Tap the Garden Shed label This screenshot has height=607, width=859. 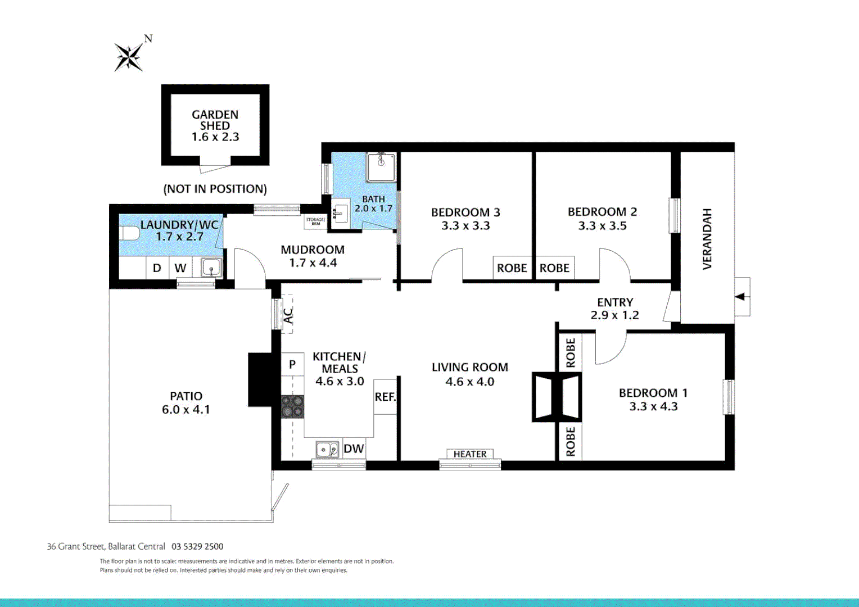tap(215, 120)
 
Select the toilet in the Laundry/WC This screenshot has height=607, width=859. tap(129, 233)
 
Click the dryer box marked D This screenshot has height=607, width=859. tap(157, 268)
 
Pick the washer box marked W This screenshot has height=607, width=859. tap(180, 268)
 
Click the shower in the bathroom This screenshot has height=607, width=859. tap(381, 167)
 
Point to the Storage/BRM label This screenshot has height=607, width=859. tap(315, 221)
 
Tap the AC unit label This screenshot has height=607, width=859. tap(288, 316)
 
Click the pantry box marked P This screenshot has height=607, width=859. tap(292, 364)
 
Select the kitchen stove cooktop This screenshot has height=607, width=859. tap(292, 406)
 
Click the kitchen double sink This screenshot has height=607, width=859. tap(327, 450)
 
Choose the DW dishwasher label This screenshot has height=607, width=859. tap(354, 449)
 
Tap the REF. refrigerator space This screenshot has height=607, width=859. tap(385, 397)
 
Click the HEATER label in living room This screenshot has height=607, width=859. tap(470, 454)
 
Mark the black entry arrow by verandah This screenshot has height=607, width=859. tap(740, 297)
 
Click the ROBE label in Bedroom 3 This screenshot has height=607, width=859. tap(512, 268)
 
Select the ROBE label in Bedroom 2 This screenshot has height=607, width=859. tap(554, 268)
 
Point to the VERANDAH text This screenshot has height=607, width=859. tap(707, 239)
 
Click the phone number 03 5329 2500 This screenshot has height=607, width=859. tap(197, 546)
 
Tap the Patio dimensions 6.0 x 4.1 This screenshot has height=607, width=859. tap(186, 410)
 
